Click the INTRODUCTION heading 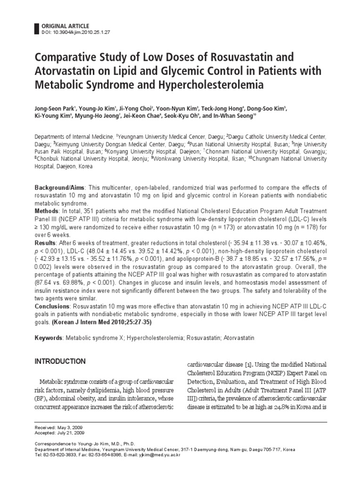click(60, 362)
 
